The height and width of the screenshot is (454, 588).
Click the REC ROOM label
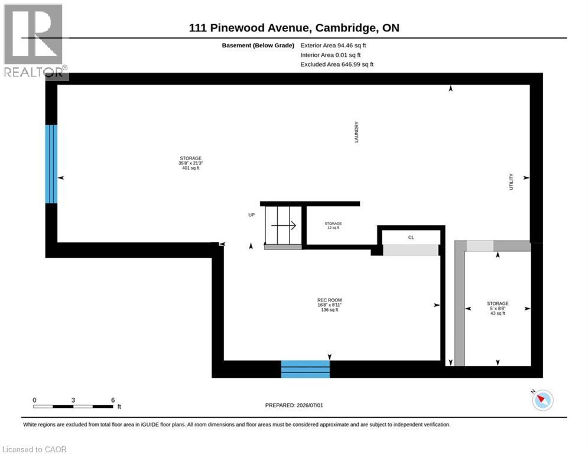329,300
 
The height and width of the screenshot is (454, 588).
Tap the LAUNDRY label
356,132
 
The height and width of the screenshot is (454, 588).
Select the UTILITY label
511,181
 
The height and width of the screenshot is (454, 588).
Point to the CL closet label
411,238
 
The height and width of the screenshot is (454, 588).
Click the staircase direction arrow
284,225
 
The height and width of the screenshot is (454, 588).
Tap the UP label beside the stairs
251,215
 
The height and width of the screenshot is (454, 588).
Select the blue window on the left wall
51,164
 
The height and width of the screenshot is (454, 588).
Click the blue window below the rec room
306,369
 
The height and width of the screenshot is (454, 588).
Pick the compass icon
542,400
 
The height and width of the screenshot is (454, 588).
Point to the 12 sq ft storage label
333,225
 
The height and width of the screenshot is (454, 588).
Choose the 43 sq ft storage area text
498,313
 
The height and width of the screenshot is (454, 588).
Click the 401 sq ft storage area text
190,168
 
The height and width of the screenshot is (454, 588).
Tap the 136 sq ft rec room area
329,310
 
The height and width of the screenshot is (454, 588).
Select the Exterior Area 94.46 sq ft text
333,46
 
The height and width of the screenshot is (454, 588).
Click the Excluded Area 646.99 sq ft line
337,64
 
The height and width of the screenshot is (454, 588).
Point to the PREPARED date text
294,405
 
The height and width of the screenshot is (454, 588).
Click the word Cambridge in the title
346,28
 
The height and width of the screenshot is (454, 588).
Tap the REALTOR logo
34,41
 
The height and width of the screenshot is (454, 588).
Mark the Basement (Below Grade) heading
258,46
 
